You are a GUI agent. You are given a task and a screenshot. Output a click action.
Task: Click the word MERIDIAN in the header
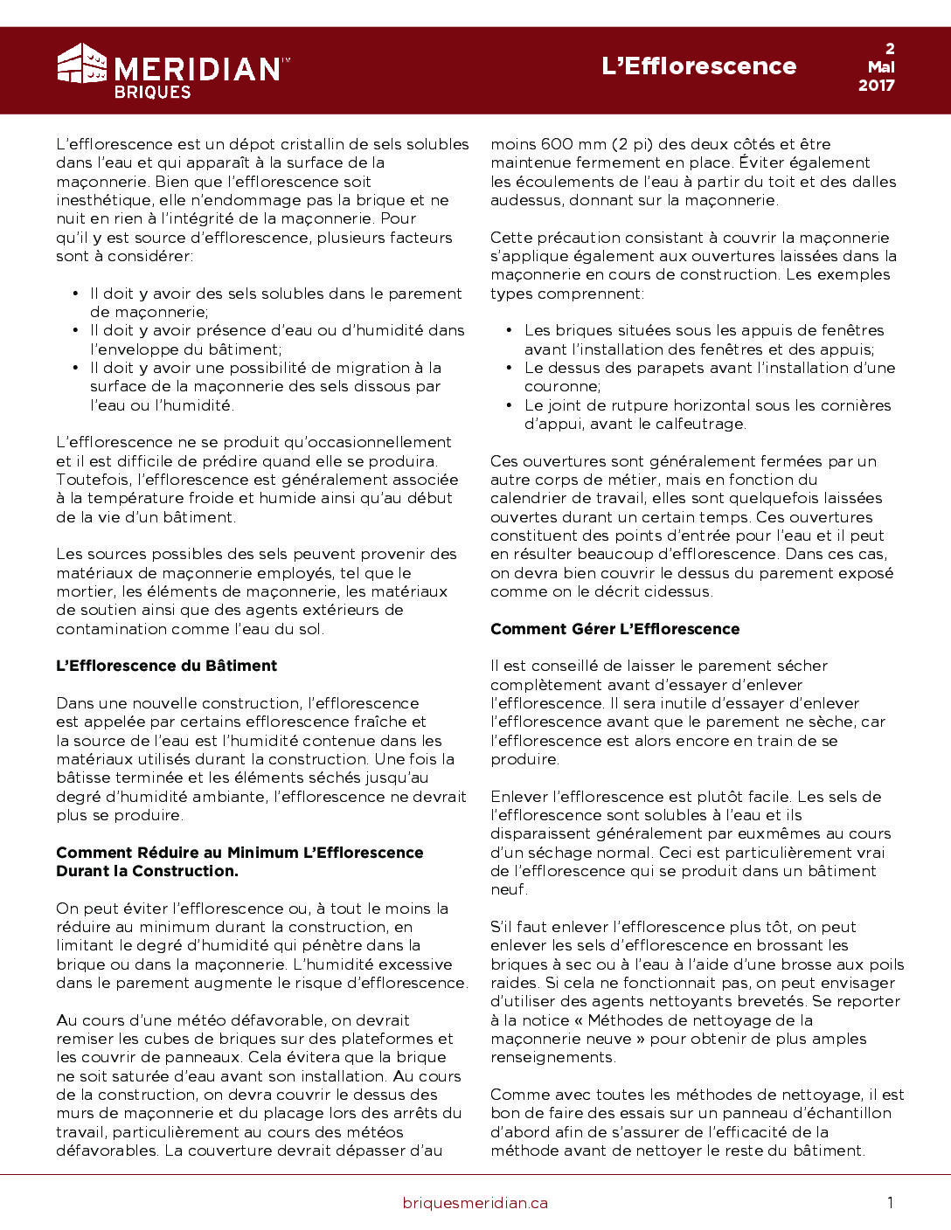click(x=197, y=69)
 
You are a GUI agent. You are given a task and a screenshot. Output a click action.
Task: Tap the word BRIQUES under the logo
click(x=152, y=92)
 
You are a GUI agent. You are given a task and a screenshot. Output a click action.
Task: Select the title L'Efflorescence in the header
click(x=698, y=66)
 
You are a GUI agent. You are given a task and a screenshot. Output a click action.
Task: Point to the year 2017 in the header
click(x=876, y=85)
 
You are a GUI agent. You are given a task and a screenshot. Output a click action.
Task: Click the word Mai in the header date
click(x=881, y=66)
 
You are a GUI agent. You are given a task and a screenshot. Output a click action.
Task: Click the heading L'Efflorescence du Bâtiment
click(x=166, y=666)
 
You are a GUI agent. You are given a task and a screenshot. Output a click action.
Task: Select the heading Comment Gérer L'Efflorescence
click(x=614, y=629)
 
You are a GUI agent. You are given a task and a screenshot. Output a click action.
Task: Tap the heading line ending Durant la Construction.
click(x=147, y=871)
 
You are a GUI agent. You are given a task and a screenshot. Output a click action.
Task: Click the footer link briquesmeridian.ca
click(x=475, y=1203)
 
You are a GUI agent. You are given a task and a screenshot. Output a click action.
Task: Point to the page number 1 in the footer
click(x=890, y=1203)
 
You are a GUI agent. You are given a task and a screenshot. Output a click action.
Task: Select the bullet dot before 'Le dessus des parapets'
click(x=510, y=368)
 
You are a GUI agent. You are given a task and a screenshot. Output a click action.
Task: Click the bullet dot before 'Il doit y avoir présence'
click(x=76, y=330)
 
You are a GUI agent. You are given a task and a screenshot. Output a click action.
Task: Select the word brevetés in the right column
click(x=770, y=1001)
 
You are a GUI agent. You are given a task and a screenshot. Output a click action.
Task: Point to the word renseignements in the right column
click(x=552, y=1057)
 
